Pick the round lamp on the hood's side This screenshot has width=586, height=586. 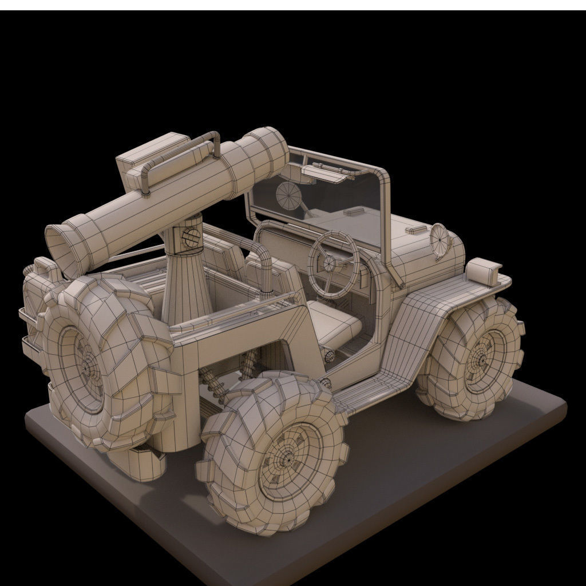(x=439, y=235)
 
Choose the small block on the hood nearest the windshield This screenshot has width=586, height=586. (x=351, y=212)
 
